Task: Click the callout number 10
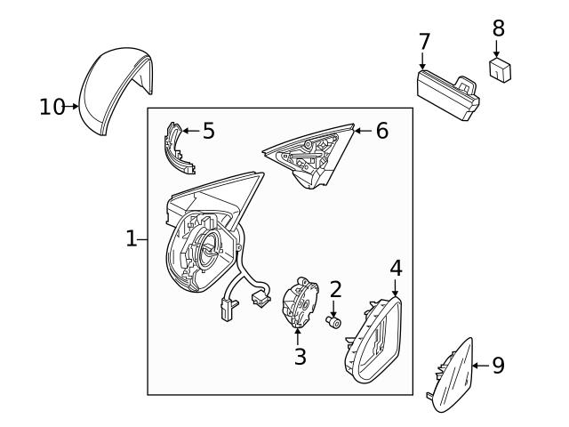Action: pos(52,107)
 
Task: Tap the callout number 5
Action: pos(208,131)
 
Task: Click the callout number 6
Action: pos(381,131)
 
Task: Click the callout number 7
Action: pos(424,41)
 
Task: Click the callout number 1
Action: pos(131,238)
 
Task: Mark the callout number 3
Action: pos(300,357)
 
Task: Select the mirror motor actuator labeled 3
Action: pos(301,303)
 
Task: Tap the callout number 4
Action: pos(396,266)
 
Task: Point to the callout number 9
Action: pos(498,365)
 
